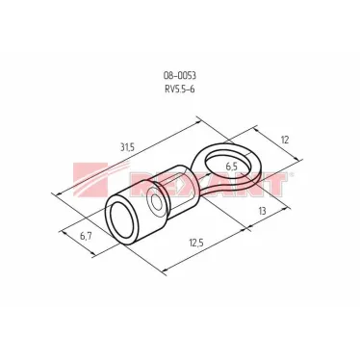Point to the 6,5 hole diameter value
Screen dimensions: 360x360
click(x=232, y=166)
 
